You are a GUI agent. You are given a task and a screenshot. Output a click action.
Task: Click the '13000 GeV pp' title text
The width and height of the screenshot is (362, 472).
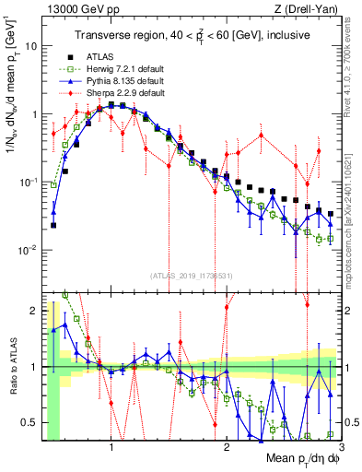[x=76, y=8]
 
